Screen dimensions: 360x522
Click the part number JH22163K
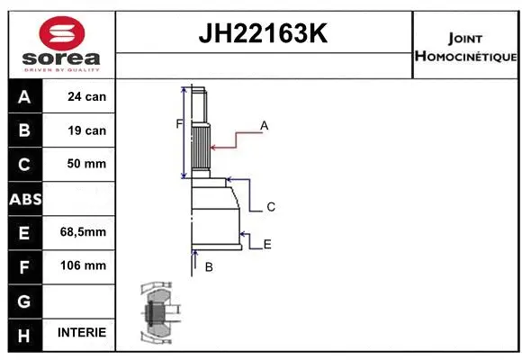click(263, 35)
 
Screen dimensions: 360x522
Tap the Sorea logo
click(60, 43)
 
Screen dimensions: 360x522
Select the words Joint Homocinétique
click(465, 48)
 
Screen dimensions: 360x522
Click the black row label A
click(23, 97)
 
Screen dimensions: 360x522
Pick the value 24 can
click(87, 97)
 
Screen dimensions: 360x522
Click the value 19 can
click(87, 130)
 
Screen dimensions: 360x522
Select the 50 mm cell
click(87, 164)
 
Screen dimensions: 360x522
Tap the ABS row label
click(23, 199)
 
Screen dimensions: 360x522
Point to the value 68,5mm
click(83, 232)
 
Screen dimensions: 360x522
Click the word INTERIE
click(82, 332)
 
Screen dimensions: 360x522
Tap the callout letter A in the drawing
click(265, 126)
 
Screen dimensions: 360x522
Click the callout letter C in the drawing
click(270, 207)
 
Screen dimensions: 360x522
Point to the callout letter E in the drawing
click(267, 244)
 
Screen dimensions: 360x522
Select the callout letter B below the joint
click(209, 267)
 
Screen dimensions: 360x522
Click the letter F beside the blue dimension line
click(179, 123)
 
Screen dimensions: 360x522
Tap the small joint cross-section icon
click(158, 315)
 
